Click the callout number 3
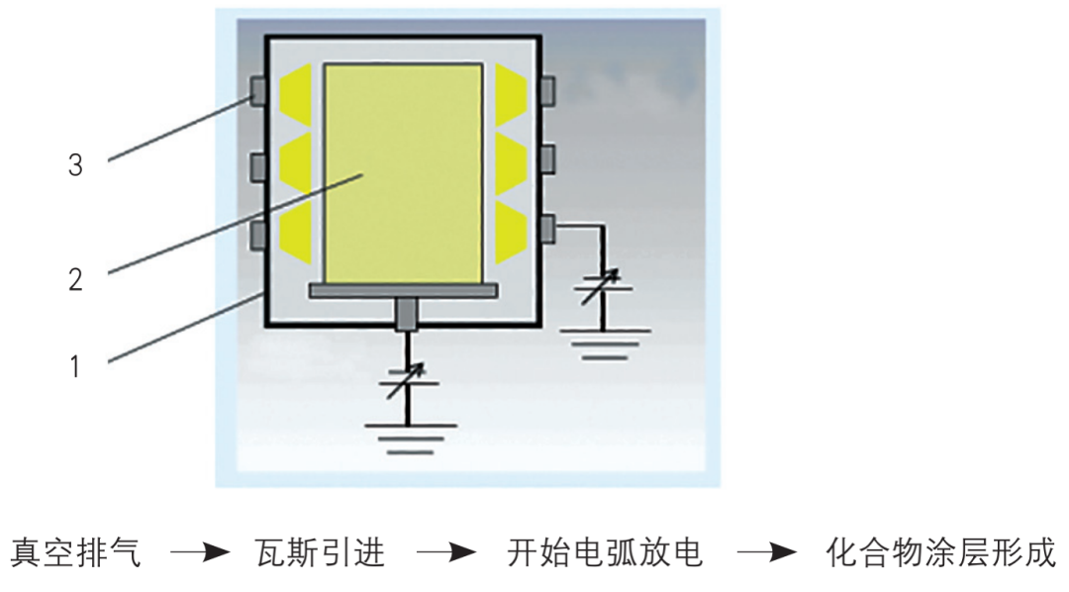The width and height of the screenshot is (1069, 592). pos(75,165)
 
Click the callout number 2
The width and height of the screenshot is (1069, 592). pos(75,279)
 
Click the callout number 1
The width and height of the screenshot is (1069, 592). pos(75,366)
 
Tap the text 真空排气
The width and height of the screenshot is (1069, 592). pos(76,551)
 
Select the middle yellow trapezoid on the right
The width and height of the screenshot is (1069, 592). pos(512,158)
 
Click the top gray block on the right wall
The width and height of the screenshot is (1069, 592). pos(547,88)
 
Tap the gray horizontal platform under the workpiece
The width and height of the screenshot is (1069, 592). pos(403,290)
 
